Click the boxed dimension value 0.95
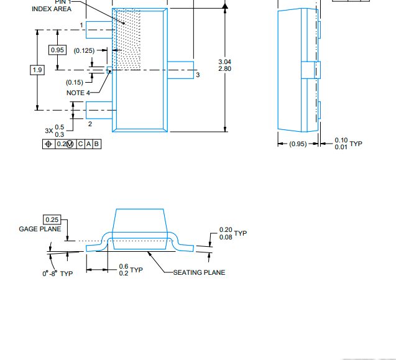click(x=57, y=50)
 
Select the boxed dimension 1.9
click(x=37, y=70)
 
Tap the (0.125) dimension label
click(x=85, y=50)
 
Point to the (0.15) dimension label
click(x=75, y=82)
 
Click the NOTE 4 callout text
click(x=78, y=93)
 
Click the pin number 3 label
click(x=198, y=75)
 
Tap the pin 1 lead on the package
click(x=99, y=29)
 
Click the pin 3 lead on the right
click(x=180, y=70)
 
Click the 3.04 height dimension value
click(x=224, y=62)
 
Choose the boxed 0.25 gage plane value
click(x=52, y=219)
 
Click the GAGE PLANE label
click(x=40, y=229)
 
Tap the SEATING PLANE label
click(x=199, y=272)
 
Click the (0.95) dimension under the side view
click(x=298, y=144)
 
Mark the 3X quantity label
click(x=48, y=131)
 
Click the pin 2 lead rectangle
click(x=99, y=111)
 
